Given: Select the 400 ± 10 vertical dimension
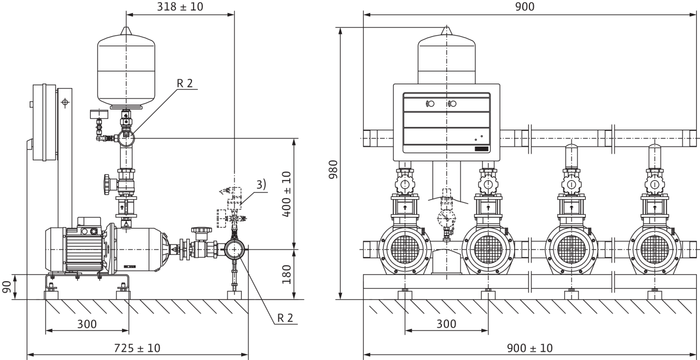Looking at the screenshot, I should click(287, 194).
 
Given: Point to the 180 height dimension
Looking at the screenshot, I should click(287, 274).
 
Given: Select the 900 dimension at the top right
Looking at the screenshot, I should click(524, 7).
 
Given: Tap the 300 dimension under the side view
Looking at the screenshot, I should click(86, 324).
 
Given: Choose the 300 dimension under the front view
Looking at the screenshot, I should click(446, 324).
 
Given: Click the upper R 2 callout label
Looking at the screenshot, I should click(185, 83).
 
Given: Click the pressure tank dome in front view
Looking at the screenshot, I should click(447, 55).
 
